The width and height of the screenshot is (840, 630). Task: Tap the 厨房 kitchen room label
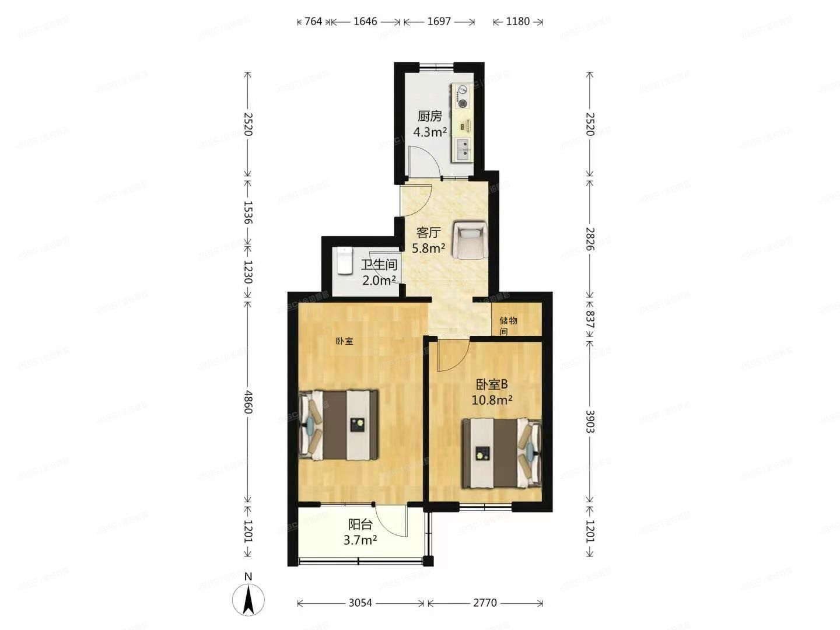(429, 116)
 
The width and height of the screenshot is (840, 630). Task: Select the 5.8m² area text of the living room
(429, 249)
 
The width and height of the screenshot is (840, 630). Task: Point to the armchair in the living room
(470, 239)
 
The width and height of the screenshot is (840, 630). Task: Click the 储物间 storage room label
(508, 325)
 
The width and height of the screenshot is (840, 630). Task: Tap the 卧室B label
(492, 384)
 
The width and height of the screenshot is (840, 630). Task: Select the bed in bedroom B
(501, 453)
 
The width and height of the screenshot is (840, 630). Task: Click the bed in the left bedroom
(339, 425)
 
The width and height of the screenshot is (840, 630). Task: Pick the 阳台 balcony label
(360, 524)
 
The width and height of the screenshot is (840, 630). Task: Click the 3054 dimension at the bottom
(360, 603)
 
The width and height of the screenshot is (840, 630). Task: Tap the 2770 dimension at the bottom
(485, 603)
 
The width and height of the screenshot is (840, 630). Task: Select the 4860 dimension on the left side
(248, 402)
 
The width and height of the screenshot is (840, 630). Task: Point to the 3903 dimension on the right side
(590, 421)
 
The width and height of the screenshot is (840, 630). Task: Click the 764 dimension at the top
(313, 22)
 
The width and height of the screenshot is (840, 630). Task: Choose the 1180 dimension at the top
(517, 22)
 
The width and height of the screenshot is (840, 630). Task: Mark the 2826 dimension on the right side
(590, 239)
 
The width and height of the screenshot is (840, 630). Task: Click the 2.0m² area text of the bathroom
(379, 281)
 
